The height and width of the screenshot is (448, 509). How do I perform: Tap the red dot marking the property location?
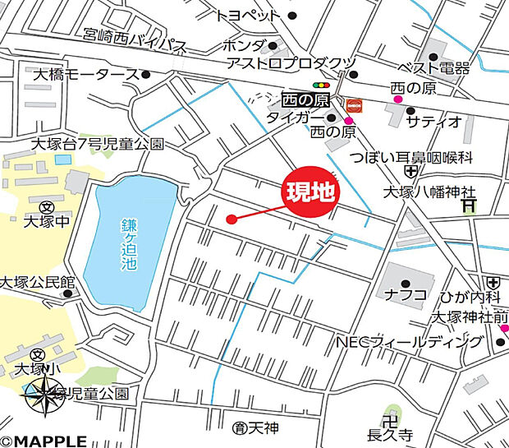click(232, 219)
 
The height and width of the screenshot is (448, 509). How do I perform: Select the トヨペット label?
click(248, 15)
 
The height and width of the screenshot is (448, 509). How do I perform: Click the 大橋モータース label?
click(85, 75)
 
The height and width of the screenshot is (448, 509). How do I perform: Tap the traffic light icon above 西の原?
click(320, 84)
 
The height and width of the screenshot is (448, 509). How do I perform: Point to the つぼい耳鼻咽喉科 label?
click(400, 156)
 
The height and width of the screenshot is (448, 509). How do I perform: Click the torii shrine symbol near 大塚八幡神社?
click(468, 206)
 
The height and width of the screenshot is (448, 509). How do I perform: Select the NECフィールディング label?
click(408, 340)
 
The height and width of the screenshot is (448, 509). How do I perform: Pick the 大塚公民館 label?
click(38, 281)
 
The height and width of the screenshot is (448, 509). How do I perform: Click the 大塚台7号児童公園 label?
click(97, 144)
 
